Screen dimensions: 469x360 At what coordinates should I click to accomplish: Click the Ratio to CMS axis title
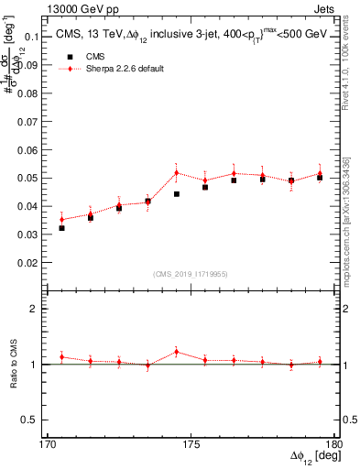point(14,365)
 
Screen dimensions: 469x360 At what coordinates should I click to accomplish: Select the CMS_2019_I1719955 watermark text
point(191,273)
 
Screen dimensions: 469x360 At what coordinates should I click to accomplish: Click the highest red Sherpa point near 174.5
point(177,172)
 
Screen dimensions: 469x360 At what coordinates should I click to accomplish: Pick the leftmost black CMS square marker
point(62,227)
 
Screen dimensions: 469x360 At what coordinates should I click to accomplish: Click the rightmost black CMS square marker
point(320,178)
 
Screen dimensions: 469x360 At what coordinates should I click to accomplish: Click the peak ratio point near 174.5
point(177,352)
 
